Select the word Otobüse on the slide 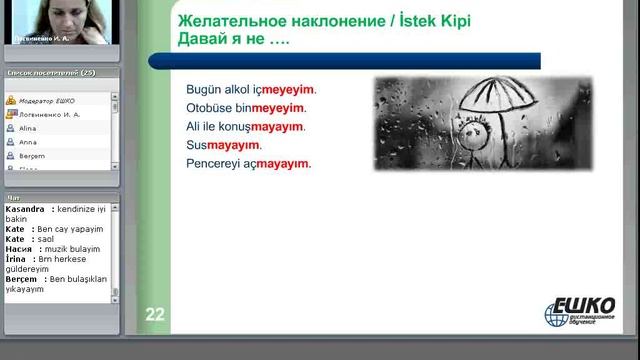point(208,108)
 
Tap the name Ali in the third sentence point(193,127)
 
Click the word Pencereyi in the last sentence point(213,164)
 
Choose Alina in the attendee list point(28,129)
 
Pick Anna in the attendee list point(28,143)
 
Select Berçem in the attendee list point(32,157)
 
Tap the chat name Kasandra point(24,209)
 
